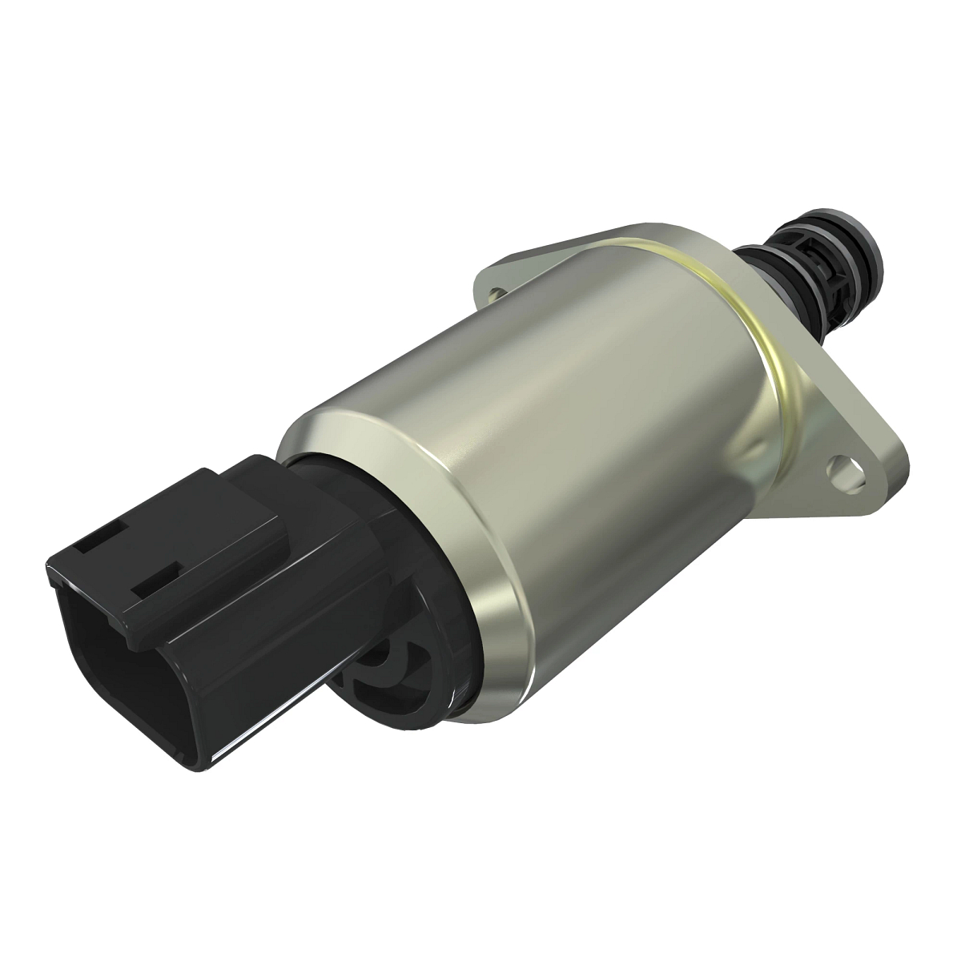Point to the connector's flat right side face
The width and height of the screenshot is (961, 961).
click(264, 641)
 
